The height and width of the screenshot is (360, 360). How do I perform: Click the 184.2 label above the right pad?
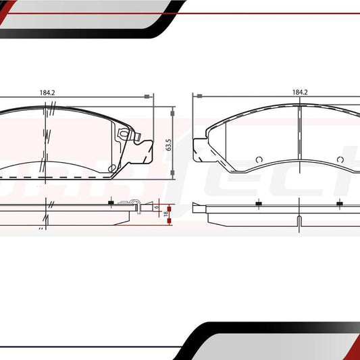click(x=300, y=92)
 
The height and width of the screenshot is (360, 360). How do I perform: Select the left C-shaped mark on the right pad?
click(x=259, y=159)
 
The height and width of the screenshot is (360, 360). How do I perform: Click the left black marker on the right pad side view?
click(x=257, y=203)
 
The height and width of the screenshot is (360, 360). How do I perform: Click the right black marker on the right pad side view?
click(x=337, y=203)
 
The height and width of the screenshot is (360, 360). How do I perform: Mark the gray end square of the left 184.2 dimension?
click(x=148, y=97)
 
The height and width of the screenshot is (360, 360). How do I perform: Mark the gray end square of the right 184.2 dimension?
click(x=193, y=97)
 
